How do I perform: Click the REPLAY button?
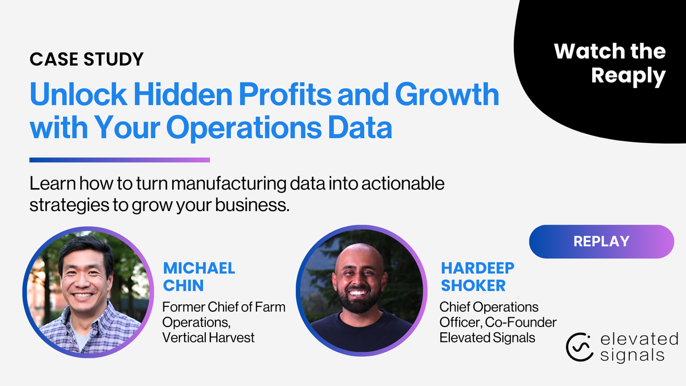(601, 241)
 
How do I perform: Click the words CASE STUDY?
(86, 58)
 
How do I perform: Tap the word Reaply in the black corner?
(628, 75)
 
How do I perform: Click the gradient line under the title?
(119, 160)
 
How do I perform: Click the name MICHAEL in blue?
(199, 268)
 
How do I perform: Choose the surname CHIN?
(184, 285)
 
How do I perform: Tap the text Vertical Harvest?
(208, 337)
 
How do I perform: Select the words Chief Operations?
(489, 308)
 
